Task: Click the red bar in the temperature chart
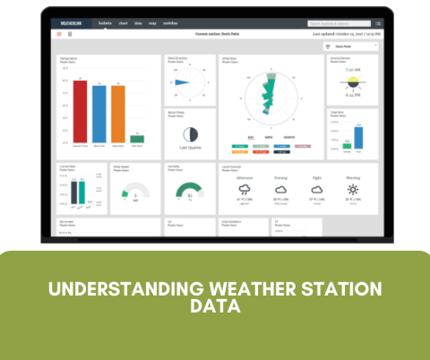(x=80, y=112)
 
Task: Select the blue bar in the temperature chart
(x=99, y=112)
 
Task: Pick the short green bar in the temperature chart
(x=137, y=139)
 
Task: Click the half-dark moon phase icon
(x=188, y=133)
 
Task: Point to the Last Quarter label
(x=188, y=149)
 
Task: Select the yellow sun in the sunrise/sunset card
(x=352, y=81)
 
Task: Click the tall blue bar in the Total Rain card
(x=359, y=137)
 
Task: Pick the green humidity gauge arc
(x=188, y=191)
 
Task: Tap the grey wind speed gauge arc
(x=134, y=191)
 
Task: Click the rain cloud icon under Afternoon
(x=244, y=190)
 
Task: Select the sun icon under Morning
(x=353, y=190)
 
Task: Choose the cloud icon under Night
(x=316, y=190)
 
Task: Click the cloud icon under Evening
(x=280, y=190)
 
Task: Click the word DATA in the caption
(x=215, y=306)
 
